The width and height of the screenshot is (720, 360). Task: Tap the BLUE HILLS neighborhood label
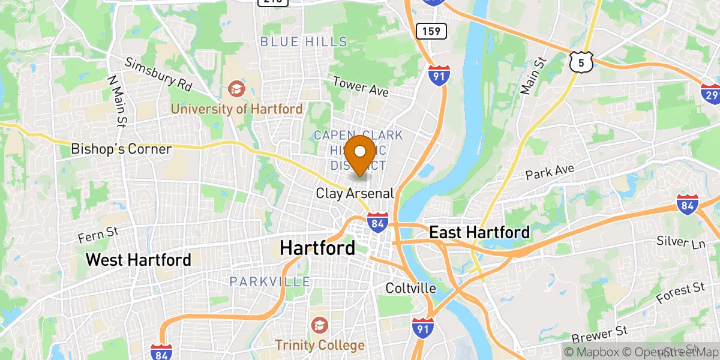(304, 41)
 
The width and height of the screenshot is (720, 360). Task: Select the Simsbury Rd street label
(158, 75)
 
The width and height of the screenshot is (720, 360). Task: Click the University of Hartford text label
(237, 109)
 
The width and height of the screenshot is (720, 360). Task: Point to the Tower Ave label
(361, 87)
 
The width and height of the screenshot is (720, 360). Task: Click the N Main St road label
(116, 101)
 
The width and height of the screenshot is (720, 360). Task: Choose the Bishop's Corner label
(121, 149)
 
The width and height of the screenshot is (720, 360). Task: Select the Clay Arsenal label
(355, 193)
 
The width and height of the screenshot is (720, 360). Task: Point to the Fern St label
(100, 235)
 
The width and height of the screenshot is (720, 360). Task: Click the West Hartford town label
(139, 260)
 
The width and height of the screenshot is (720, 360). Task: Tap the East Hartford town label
(480, 232)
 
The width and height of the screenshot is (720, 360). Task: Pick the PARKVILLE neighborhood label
(270, 281)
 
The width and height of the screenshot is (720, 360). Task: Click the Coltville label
(411, 288)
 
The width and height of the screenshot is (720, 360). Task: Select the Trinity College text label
(320, 345)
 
